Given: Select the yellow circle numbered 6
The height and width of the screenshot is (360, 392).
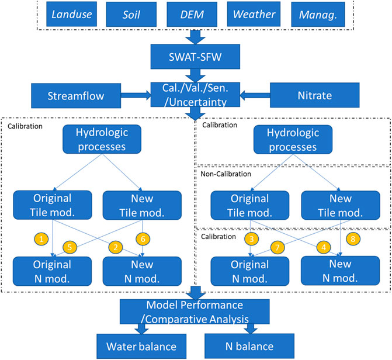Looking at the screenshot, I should point(143,238).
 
